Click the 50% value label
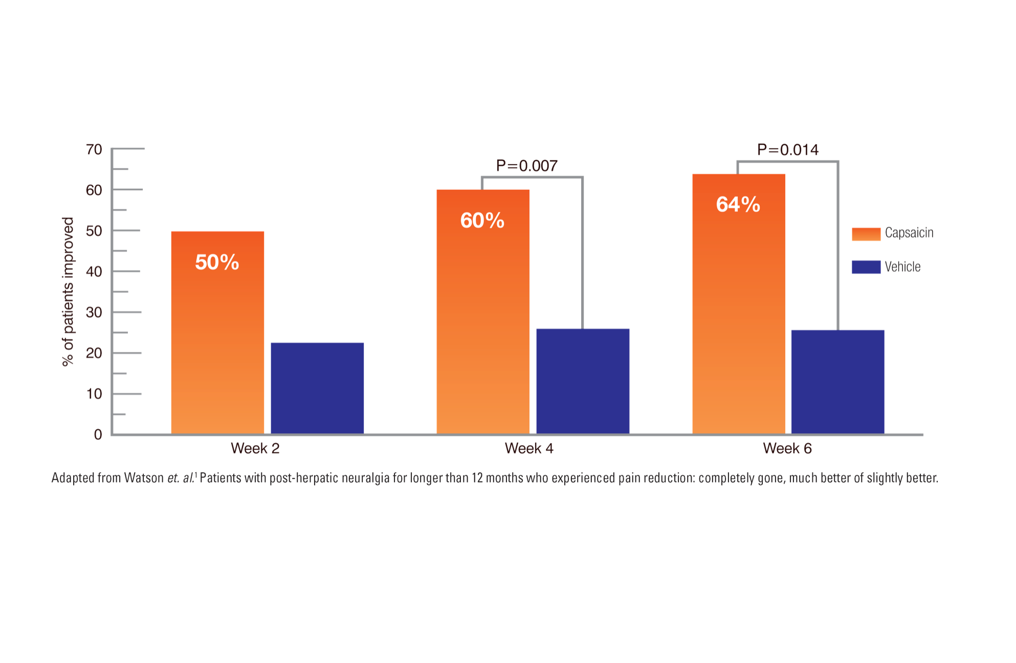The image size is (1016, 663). (x=217, y=262)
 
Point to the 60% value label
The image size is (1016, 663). (x=482, y=220)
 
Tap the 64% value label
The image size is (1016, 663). (x=738, y=205)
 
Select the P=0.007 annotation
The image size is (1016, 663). (x=526, y=166)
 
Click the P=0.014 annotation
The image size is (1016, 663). (x=787, y=150)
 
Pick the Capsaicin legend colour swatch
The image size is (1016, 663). (x=866, y=234)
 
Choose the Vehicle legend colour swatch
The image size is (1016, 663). (x=866, y=267)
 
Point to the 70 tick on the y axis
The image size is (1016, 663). (x=94, y=149)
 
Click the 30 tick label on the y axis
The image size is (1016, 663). (x=94, y=312)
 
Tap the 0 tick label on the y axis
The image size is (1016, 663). (x=98, y=435)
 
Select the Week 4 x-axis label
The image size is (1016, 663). (x=529, y=449)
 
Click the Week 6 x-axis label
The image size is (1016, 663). (x=787, y=449)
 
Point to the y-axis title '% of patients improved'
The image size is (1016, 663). (x=68, y=292)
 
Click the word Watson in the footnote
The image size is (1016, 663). (x=144, y=478)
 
